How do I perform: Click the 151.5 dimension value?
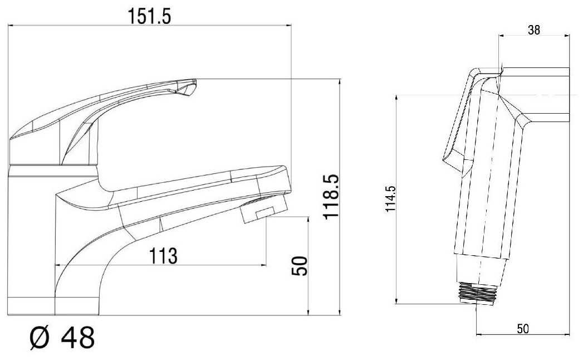(x=149, y=16)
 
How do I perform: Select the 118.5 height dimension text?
(x=331, y=197)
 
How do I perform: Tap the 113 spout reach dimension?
(x=163, y=256)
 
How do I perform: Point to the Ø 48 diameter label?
(x=62, y=338)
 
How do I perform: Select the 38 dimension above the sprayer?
(x=534, y=30)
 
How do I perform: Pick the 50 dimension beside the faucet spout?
(x=300, y=266)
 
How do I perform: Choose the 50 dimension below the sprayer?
(x=523, y=329)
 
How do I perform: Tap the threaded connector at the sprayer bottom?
(x=476, y=293)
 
